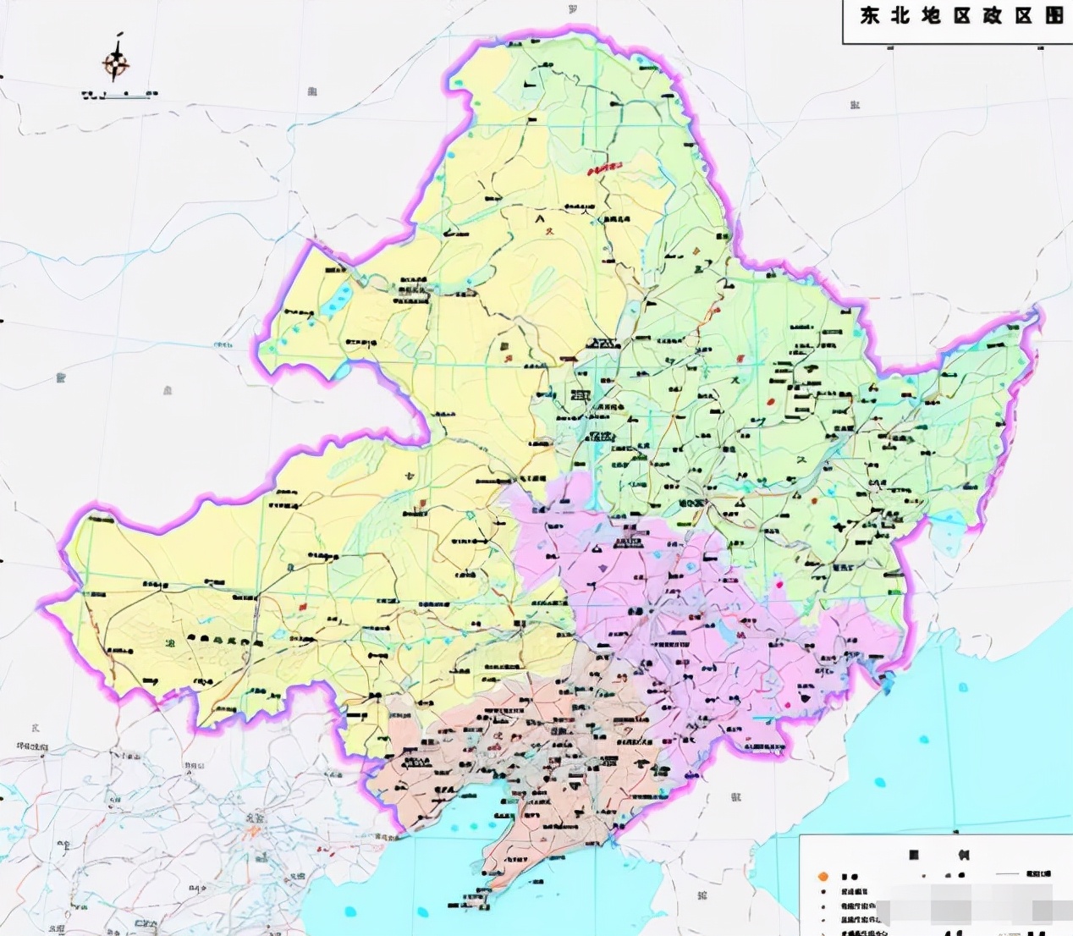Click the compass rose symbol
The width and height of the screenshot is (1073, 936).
click(x=116, y=62)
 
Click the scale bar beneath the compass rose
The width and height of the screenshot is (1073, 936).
click(x=118, y=94)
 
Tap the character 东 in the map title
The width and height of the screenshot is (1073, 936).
click(x=870, y=16)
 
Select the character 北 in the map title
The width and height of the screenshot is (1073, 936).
click(x=899, y=16)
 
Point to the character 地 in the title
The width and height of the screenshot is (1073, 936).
click(x=932, y=16)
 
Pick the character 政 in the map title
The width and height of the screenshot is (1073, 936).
click(x=992, y=16)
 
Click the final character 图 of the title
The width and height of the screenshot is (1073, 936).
click(x=1054, y=16)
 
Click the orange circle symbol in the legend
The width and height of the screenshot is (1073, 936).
click(x=821, y=876)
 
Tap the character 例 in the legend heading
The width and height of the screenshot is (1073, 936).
click(x=962, y=855)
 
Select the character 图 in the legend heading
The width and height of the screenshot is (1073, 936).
click(x=914, y=855)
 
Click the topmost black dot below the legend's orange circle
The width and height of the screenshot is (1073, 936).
click(x=822, y=891)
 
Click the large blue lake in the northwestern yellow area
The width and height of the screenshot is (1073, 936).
click(x=340, y=295)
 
